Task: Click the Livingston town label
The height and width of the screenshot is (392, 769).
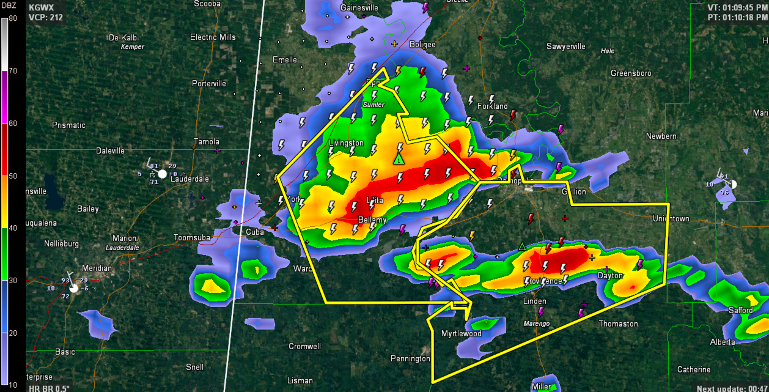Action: pyautogui.click(x=346, y=143)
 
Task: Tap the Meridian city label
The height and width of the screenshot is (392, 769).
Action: pyautogui.click(x=97, y=268)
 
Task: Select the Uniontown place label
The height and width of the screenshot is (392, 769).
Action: pyautogui.click(x=671, y=219)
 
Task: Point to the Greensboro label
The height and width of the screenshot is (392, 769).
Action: pyautogui.click(x=631, y=73)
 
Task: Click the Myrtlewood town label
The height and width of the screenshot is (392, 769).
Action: pyautogui.click(x=462, y=334)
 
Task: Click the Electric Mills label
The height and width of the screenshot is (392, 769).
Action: pyautogui.click(x=213, y=37)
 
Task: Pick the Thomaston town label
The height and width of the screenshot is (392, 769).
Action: pyautogui.click(x=618, y=324)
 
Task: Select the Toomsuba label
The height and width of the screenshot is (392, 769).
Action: pyautogui.click(x=193, y=237)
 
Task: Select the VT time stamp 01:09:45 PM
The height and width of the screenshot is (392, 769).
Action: pyautogui.click(x=736, y=7)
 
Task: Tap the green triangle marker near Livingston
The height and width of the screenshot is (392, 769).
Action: pyautogui.click(x=398, y=160)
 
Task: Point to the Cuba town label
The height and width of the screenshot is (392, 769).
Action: pyautogui.click(x=254, y=232)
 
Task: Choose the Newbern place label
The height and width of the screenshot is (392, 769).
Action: pyautogui.click(x=661, y=136)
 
